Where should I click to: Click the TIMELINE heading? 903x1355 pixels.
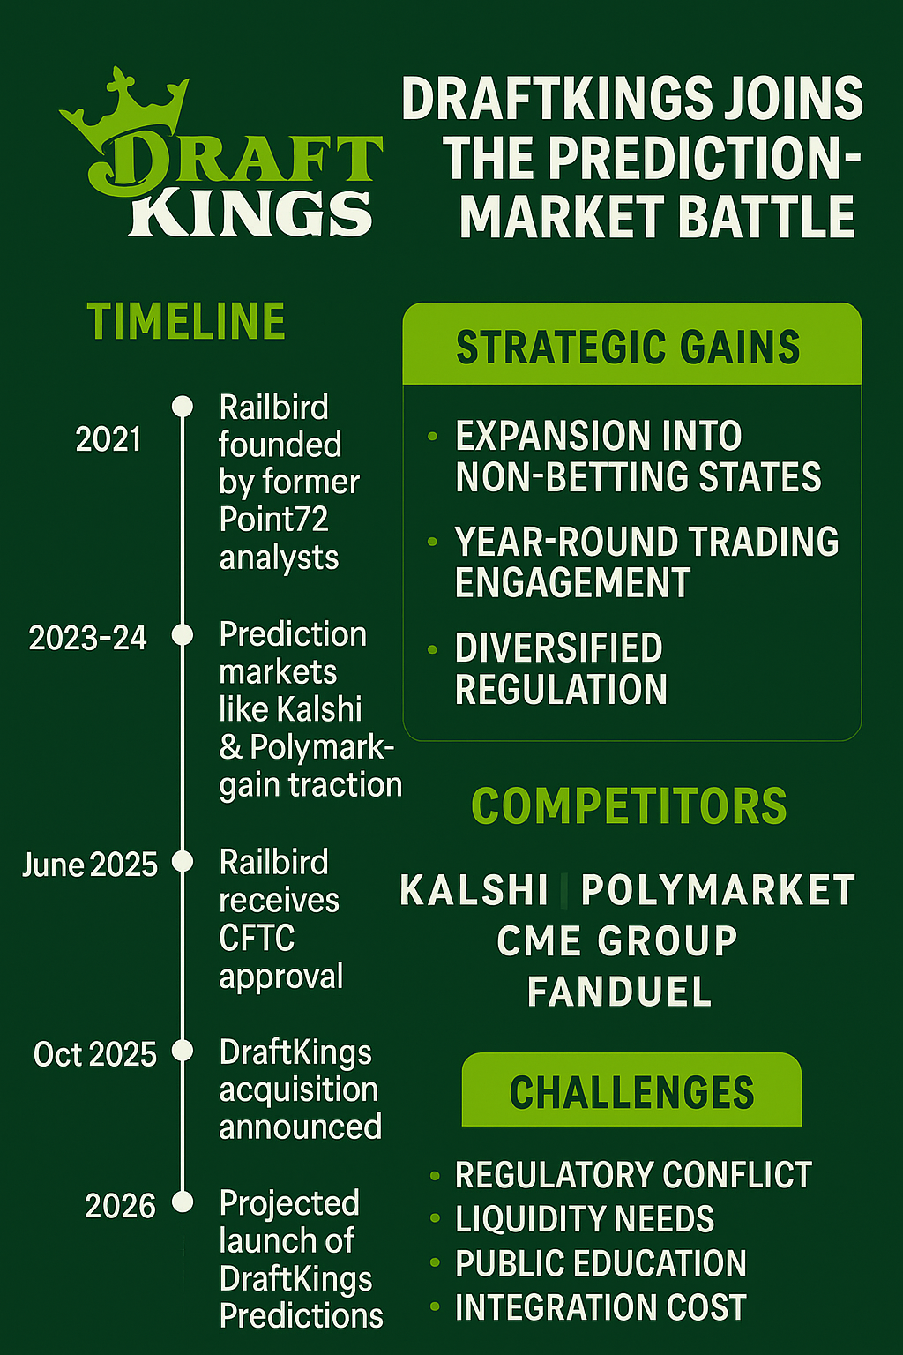pyautogui.click(x=186, y=321)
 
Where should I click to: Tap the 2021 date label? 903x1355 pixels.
pyautogui.click(x=108, y=439)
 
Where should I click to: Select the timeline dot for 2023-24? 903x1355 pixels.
pyautogui.click(x=182, y=634)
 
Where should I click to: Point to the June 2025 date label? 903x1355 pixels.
pyautogui.click(x=90, y=865)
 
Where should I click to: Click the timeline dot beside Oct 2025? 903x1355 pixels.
pyautogui.click(x=182, y=1051)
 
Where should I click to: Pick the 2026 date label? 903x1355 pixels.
pyautogui.click(x=120, y=1206)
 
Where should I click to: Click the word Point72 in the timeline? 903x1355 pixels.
pyautogui.click(x=273, y=519)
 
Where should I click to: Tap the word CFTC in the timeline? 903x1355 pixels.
pyautogui.click(x=257, y=938)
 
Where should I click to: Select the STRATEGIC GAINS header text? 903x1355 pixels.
pyautogui.click(x=628, y=347)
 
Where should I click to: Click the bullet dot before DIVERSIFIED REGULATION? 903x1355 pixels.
pyautogui.click(x=432, y=649)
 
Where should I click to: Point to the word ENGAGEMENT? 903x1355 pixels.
pyautogui.click(x=572, y=582)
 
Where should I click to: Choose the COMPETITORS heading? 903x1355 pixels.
pyautogui.click(x=629, y=805)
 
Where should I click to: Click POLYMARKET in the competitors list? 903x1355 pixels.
pyautogui.click(x=718, y=889)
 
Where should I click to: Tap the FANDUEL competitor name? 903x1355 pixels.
pyautogui.click(x=619, y=991)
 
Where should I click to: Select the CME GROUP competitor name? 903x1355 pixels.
pyautogui.click(x=617, y=940)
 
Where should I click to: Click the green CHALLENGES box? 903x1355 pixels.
pyautogui.click(x=631, y=1089)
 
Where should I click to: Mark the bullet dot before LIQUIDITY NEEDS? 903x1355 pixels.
pyautogui.click(x=434, y=1217)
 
